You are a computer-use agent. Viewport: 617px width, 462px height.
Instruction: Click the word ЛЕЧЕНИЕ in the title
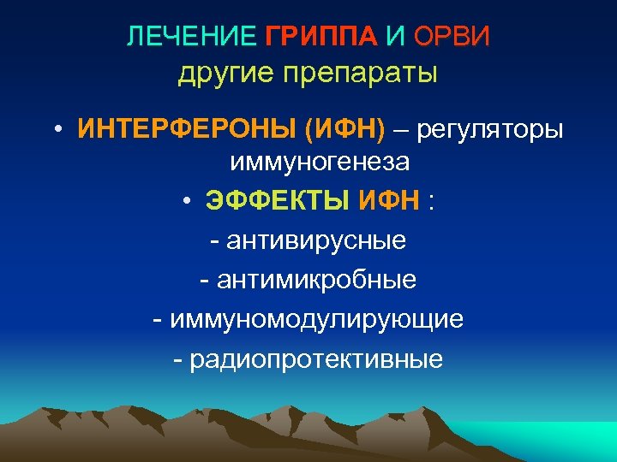pos(190,37)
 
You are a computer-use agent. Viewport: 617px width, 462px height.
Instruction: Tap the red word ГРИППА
pos(320,37)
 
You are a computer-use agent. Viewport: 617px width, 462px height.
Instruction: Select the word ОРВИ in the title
pos(452,37)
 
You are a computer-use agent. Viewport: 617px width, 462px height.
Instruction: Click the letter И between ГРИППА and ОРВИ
pos(395,37)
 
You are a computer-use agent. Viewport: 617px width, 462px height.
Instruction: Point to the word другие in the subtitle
pos(221,74)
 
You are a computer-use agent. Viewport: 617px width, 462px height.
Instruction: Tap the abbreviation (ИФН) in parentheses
pos(344,131)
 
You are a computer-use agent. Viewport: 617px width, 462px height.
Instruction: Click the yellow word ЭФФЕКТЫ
pos(277,201)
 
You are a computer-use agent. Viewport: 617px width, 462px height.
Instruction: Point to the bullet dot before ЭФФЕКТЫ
pos(185,202)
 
